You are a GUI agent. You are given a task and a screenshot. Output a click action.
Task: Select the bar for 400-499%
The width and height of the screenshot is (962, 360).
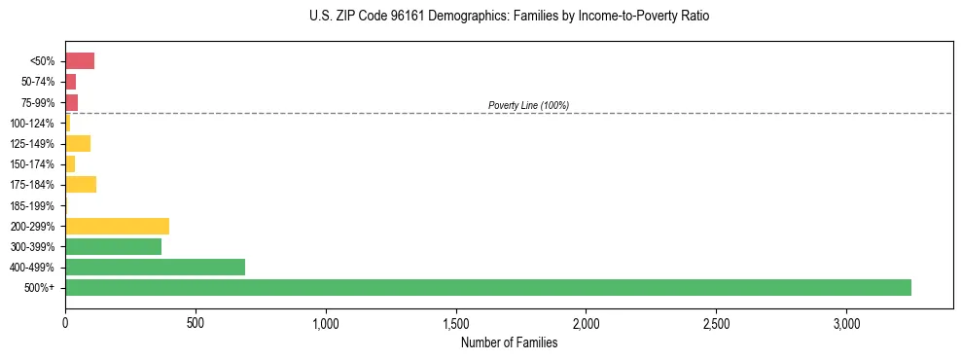coord(155,267)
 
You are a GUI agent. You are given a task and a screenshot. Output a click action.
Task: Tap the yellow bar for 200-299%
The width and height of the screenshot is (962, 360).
coord(117,226)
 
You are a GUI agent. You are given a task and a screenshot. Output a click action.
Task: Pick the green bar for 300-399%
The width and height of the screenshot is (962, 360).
coord(113,246)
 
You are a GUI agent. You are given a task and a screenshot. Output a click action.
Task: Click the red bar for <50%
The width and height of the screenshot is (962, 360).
coord(80,61)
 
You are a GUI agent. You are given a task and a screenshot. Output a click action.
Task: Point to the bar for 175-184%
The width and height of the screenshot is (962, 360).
coord(81,185)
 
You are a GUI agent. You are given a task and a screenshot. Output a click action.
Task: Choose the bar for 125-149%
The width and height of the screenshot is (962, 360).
coord(78,144)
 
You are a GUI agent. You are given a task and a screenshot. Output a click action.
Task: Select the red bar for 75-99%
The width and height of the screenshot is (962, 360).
coord(71,102)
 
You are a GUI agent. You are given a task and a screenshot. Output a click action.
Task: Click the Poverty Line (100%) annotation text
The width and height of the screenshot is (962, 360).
coord(528,105)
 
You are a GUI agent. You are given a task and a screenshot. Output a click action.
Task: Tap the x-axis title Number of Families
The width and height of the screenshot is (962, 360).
coord(510,342)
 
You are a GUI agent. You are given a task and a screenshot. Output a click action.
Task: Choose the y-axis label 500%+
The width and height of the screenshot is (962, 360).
coord(41,288)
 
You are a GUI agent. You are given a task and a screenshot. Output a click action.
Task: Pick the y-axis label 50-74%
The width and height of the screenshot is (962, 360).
coord(37,82)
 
